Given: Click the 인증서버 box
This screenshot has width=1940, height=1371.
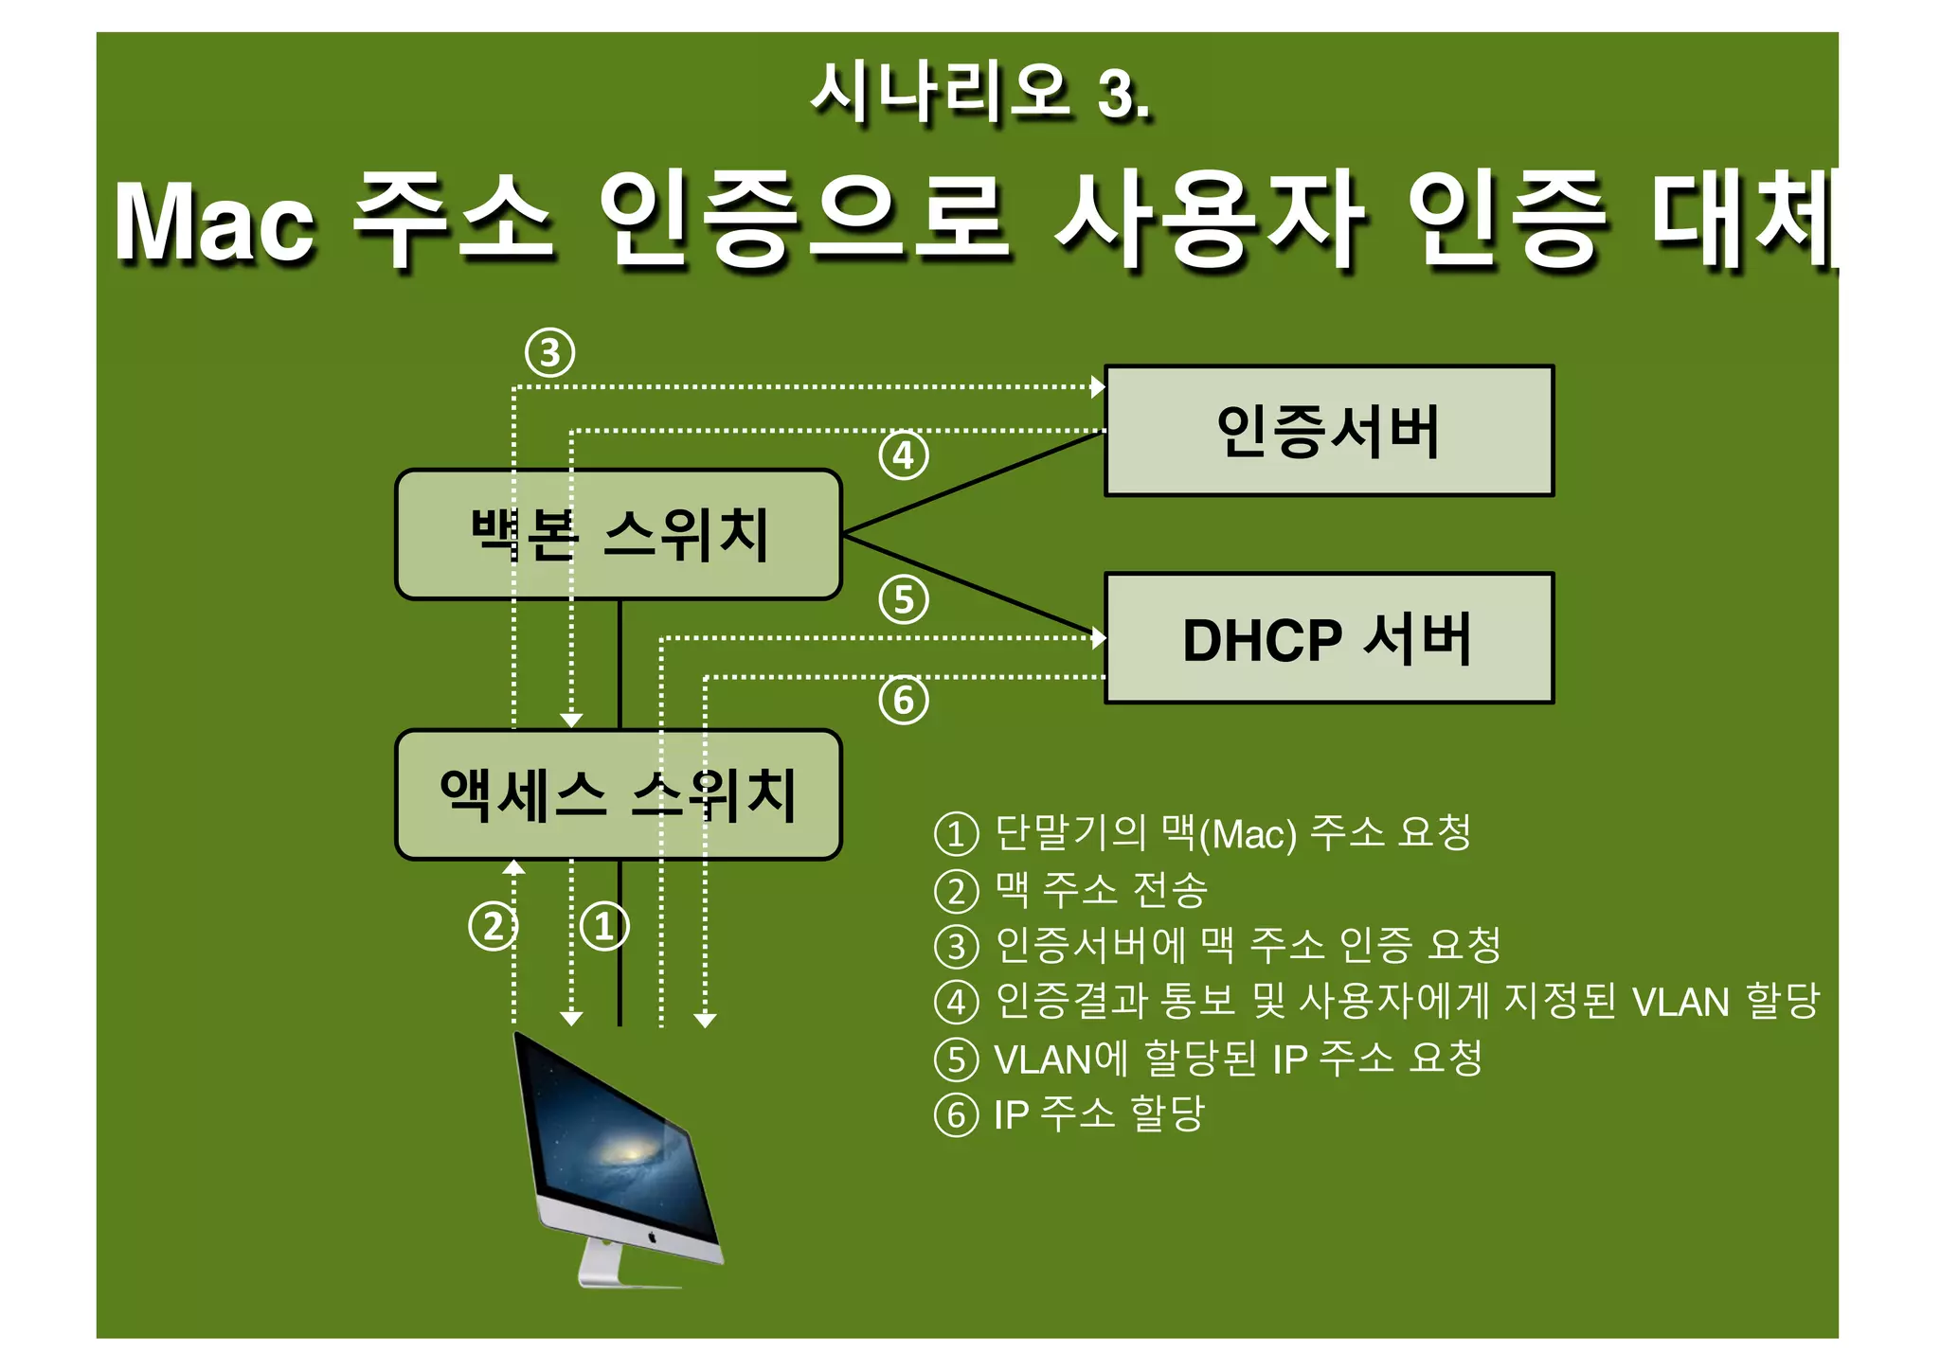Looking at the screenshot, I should [x=1328, y=431].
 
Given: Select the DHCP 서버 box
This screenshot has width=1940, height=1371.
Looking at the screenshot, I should [x=1328, y=638].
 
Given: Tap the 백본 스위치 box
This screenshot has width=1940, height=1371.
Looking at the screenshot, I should [x=619, y=535].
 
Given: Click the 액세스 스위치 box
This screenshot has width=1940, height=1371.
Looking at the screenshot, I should [x=619, y=794].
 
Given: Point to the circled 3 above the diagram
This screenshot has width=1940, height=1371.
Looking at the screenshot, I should [x=550, y=353].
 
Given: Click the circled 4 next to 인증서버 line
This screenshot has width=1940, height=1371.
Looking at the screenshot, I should [x=904, y=456].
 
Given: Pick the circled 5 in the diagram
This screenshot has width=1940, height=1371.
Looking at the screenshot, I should [x=904, y=600].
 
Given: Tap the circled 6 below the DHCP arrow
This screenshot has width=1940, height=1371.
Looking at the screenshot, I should [x=904, y=701].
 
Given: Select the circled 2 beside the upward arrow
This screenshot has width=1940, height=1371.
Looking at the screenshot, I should [x=493, y=926].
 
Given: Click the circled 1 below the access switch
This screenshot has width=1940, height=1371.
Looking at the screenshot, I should [x=604, y=926].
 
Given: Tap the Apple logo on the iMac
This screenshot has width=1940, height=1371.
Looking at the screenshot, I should [x=652, y=1237].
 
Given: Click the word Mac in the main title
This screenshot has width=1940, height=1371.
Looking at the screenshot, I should [x=214, y=223].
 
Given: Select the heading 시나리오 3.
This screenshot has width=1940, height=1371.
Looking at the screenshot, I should [x=980, y=94].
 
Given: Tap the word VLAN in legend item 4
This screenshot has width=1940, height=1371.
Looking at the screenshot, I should [x=1680, y=1002].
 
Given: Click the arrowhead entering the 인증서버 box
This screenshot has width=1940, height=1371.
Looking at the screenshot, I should [x=1098, y=386].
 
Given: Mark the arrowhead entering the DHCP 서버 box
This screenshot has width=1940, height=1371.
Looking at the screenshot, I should [x=1099, y=637].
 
